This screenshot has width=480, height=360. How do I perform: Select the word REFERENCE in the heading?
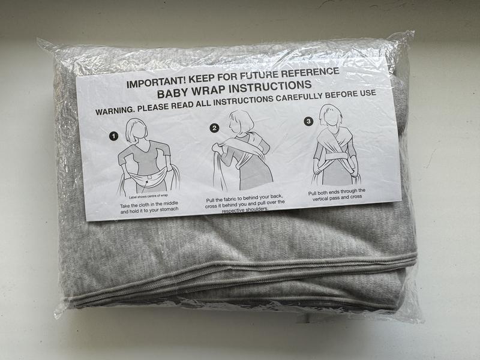point(310,73)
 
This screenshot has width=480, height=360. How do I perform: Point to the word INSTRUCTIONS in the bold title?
point(271,86)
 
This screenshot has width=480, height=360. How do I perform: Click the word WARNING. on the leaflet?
point(115,110)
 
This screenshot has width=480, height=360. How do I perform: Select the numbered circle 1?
point(113,136)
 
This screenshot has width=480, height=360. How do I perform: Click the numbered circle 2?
point(214,128)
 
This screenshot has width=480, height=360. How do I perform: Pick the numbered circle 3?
point(308,122)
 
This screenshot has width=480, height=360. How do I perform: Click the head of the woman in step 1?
point(137,130)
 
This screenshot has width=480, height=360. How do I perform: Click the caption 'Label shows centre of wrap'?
point(148,196)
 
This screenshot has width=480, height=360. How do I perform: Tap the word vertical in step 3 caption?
point(322,199)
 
